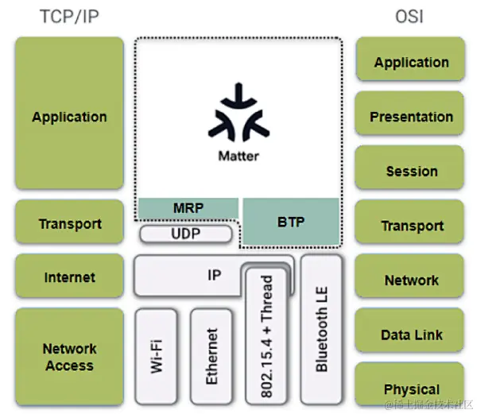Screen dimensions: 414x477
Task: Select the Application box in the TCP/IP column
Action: tap(69, 116)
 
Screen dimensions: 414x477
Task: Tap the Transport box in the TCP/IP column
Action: tap(69, 223)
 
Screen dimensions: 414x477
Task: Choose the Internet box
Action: tap(69, 277)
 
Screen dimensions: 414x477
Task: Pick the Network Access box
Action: tap(69, 357)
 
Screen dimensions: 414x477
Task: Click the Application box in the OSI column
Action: tap(410, 62)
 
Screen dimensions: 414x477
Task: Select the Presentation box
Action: tap(410, 116)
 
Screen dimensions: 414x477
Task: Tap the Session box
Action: tap(410, 170)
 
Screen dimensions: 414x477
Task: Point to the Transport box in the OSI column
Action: tap(410, 225)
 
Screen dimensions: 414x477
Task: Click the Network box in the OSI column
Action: tap(410, 279)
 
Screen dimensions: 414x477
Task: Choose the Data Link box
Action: tap(410, 334)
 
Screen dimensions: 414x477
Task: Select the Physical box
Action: tap(410, 389)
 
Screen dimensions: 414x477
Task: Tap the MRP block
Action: tap(188, 208)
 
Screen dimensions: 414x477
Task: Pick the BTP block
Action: tap(291, 222)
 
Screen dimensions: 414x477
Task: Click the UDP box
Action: tap(186, 234)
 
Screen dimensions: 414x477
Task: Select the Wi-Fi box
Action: tap(157, 355)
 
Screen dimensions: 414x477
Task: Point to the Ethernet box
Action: tap(211, 355)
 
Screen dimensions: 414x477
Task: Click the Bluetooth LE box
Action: tap(321, 329)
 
